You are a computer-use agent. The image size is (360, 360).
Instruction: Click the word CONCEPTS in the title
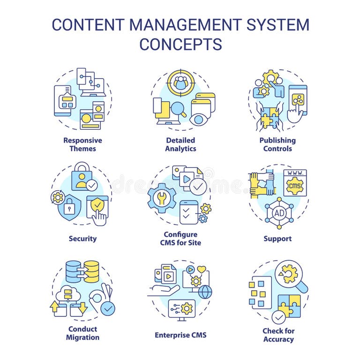click(x=180, y=44)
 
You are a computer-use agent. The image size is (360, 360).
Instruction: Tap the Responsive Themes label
click(x=82, y=144)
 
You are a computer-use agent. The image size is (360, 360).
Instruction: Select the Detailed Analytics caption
click(x=180, y=144)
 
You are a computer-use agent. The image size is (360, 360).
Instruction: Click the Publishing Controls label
click(x=277, y=144)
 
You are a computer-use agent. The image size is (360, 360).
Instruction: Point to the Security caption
click(x=82, y=239)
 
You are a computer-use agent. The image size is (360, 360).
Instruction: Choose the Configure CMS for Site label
click(x=180, y=239)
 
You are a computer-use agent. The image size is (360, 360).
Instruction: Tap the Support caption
click(x=277, y=239)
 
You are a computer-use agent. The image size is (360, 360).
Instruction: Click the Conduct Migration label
click(x=82, y=333)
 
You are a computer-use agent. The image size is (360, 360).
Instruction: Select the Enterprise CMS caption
click(x=180, y=335)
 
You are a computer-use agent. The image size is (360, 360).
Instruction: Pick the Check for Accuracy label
click(x=278, y=335)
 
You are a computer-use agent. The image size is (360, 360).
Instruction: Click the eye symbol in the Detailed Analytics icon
click(x=199, y=119)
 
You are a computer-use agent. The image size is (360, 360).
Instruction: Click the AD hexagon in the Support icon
click(x=279, y=212)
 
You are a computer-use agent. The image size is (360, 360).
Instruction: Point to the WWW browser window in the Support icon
click(x=295, y=182)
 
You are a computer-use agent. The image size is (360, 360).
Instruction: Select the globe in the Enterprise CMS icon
click(x=205, y=292)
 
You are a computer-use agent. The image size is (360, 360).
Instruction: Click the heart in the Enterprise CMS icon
click(x=202, y=270)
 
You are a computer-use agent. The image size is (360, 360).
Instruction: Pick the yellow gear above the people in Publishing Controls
click(x=270, y=77)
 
